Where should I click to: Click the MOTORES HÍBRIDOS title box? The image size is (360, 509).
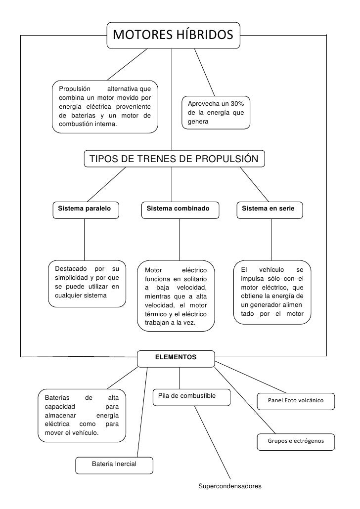click(173, 35)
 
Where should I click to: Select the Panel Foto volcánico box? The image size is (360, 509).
click(295, 400)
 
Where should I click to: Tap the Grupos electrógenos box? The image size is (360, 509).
click(295, 441)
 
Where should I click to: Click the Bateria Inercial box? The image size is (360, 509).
click(114, 465)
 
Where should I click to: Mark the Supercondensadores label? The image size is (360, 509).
click(229, 486)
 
